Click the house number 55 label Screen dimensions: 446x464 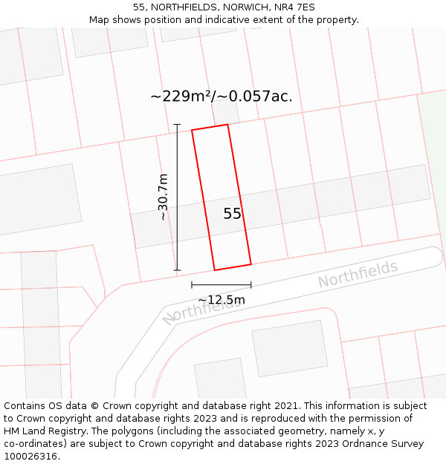[233, 214]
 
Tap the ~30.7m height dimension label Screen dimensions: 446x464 [164, 197]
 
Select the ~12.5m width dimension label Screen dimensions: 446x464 [221, 300]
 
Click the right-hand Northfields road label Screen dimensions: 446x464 [358, 275]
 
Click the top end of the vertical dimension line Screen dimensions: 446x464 [177, 124]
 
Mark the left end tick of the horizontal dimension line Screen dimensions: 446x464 [192, 284]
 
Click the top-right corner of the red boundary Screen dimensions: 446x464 [227, 125]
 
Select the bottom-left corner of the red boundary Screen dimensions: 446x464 [215, 269]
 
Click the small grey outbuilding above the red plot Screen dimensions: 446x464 [224, 114]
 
